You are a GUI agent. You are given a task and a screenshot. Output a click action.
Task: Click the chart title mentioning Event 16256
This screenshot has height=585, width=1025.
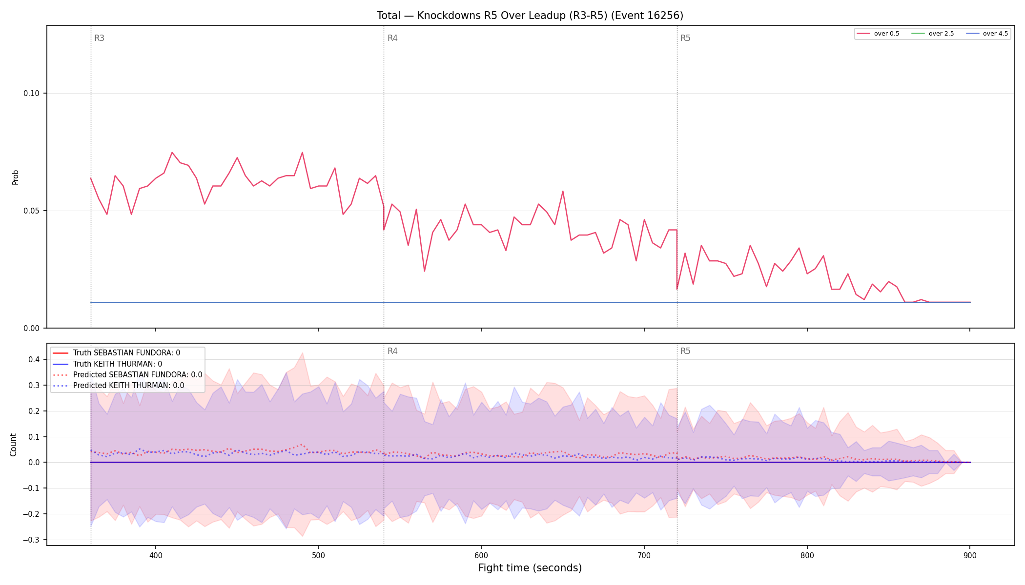[530, 16]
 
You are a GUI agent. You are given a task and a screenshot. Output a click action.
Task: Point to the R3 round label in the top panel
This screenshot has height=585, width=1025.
[99, 38]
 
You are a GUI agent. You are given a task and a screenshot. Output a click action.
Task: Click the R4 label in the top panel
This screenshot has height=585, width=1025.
[392, 38]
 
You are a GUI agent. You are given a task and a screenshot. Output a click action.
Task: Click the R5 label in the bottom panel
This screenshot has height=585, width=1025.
[685, 351]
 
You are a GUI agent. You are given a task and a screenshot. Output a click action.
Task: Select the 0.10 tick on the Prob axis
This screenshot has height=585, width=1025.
[31, 94]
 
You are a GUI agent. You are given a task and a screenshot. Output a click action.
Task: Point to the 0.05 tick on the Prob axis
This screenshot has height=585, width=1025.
[31, 211]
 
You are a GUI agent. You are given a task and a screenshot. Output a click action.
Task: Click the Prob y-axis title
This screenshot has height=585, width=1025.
[15, 177]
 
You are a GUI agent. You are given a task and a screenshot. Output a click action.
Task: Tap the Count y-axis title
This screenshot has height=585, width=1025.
[13, 445]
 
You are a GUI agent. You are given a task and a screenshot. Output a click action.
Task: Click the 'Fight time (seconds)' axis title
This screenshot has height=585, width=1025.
[530, 568]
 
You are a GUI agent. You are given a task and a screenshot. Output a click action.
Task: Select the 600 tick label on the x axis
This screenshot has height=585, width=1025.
[481, 555]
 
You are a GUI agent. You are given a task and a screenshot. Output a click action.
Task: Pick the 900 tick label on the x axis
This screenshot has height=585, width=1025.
[970, 555]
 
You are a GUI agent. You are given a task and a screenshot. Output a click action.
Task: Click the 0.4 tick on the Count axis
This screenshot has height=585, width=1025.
[34, 360]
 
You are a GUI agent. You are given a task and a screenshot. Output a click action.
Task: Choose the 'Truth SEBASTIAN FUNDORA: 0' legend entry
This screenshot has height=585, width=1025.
[126, 353]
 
